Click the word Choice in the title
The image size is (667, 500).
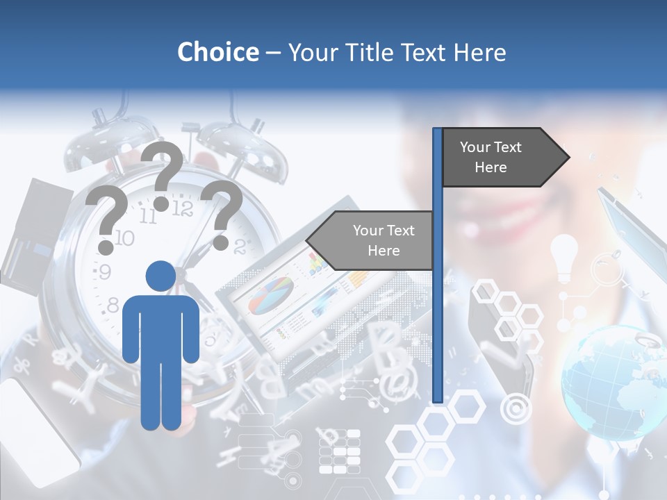coord(217,52)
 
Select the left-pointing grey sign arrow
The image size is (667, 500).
coord(372,241)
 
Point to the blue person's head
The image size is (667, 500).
coord(160,276)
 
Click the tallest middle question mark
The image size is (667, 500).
coord(165,174)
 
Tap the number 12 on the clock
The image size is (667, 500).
coord(182,208)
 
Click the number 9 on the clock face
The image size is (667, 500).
coord(104,272)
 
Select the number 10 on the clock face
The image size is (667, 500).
coord(123,238)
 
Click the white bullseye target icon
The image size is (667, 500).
coord(516,409)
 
